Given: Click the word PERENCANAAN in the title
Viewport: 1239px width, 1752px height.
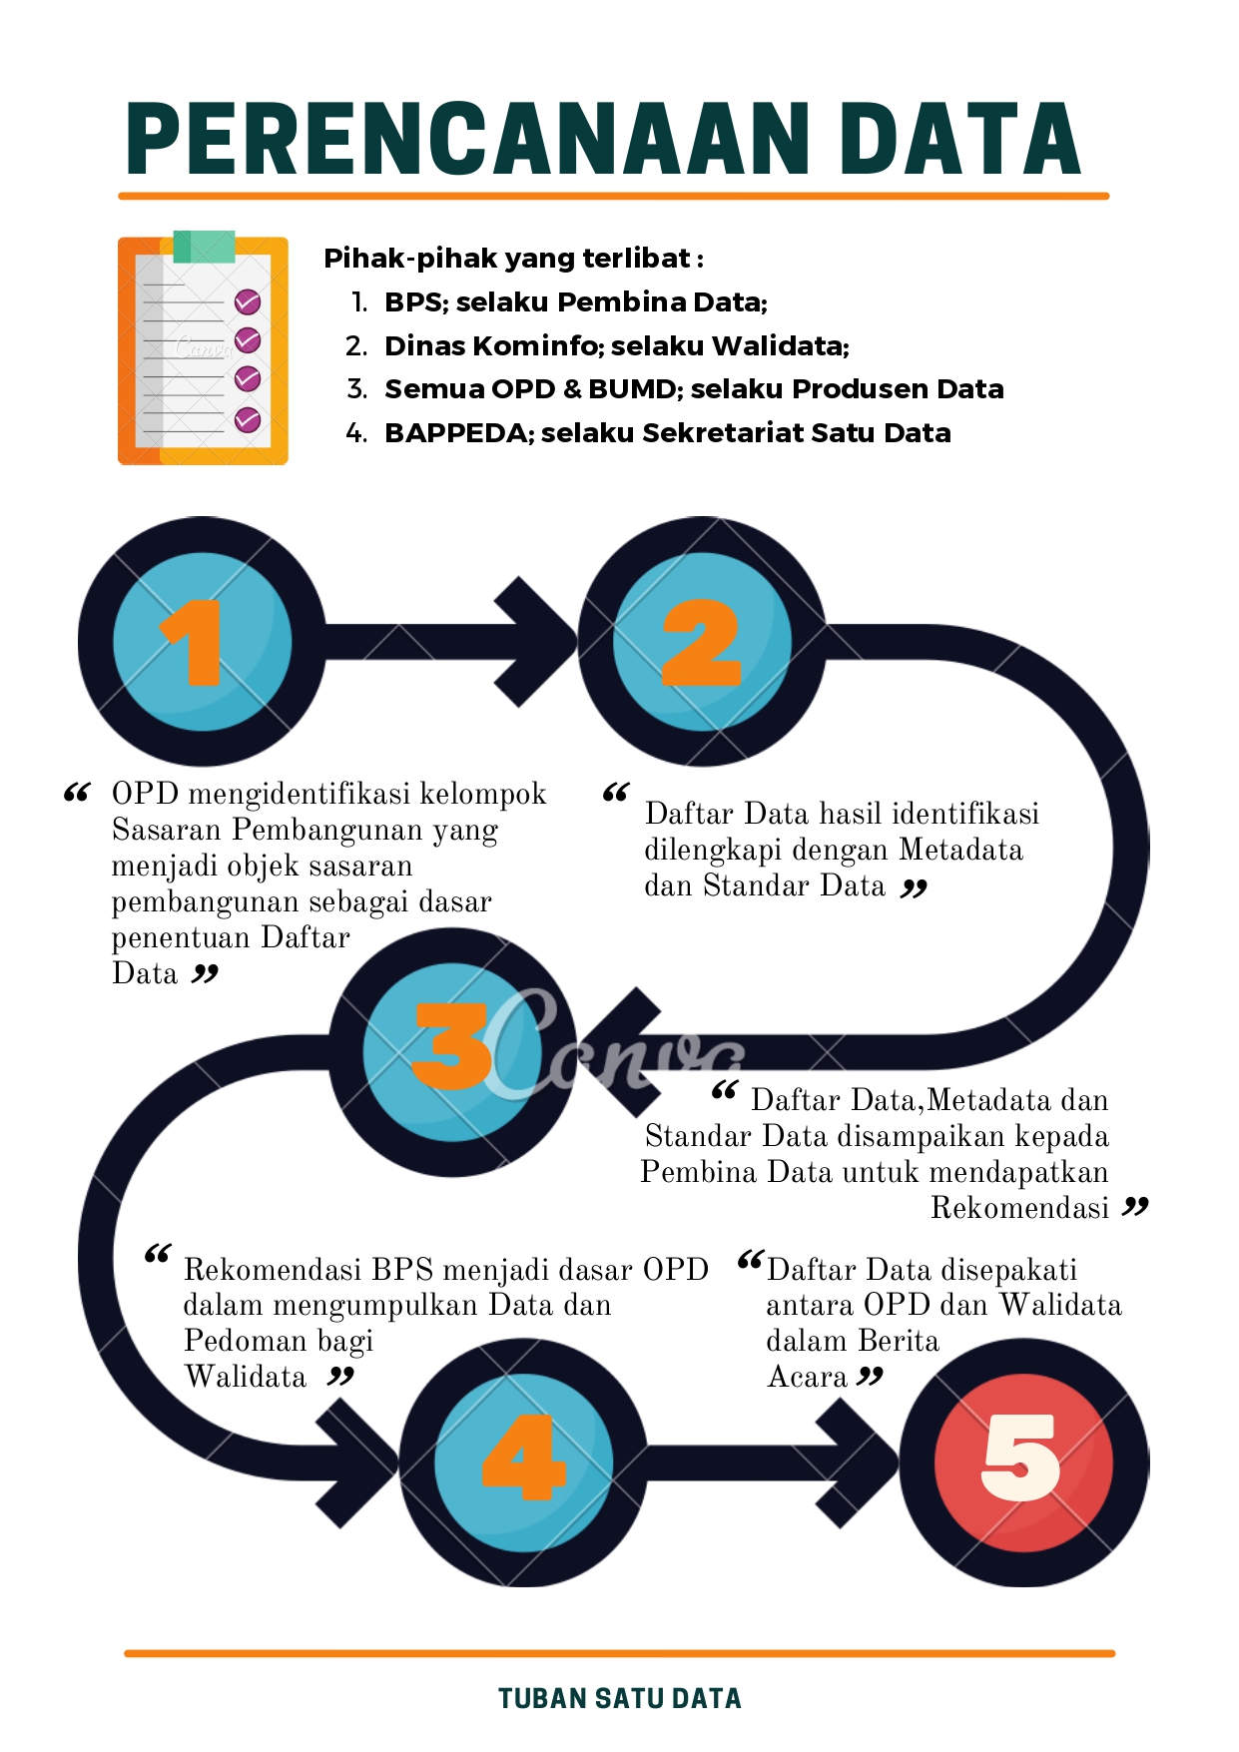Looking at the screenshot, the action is (x=468, y=139).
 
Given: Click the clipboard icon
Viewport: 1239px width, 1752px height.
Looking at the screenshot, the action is (x=203, y=348).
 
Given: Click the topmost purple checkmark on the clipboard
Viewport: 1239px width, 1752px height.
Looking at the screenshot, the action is (x=248, y=301).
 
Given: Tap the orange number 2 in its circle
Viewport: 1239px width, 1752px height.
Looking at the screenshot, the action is (x=702, y=642).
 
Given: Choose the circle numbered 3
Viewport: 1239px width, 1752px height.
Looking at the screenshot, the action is (x=453, y=1052).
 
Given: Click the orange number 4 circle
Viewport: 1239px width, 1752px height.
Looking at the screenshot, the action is (x=523, y=1462).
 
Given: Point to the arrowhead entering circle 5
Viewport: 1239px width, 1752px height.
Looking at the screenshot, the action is (x=859, y=1462).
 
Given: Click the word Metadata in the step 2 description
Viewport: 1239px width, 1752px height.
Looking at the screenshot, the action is (x=960, y=850).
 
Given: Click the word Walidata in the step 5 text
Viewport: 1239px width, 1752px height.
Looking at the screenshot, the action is (x=1060, y=1305).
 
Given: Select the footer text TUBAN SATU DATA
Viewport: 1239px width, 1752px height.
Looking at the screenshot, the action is (x=620, y=1698).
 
